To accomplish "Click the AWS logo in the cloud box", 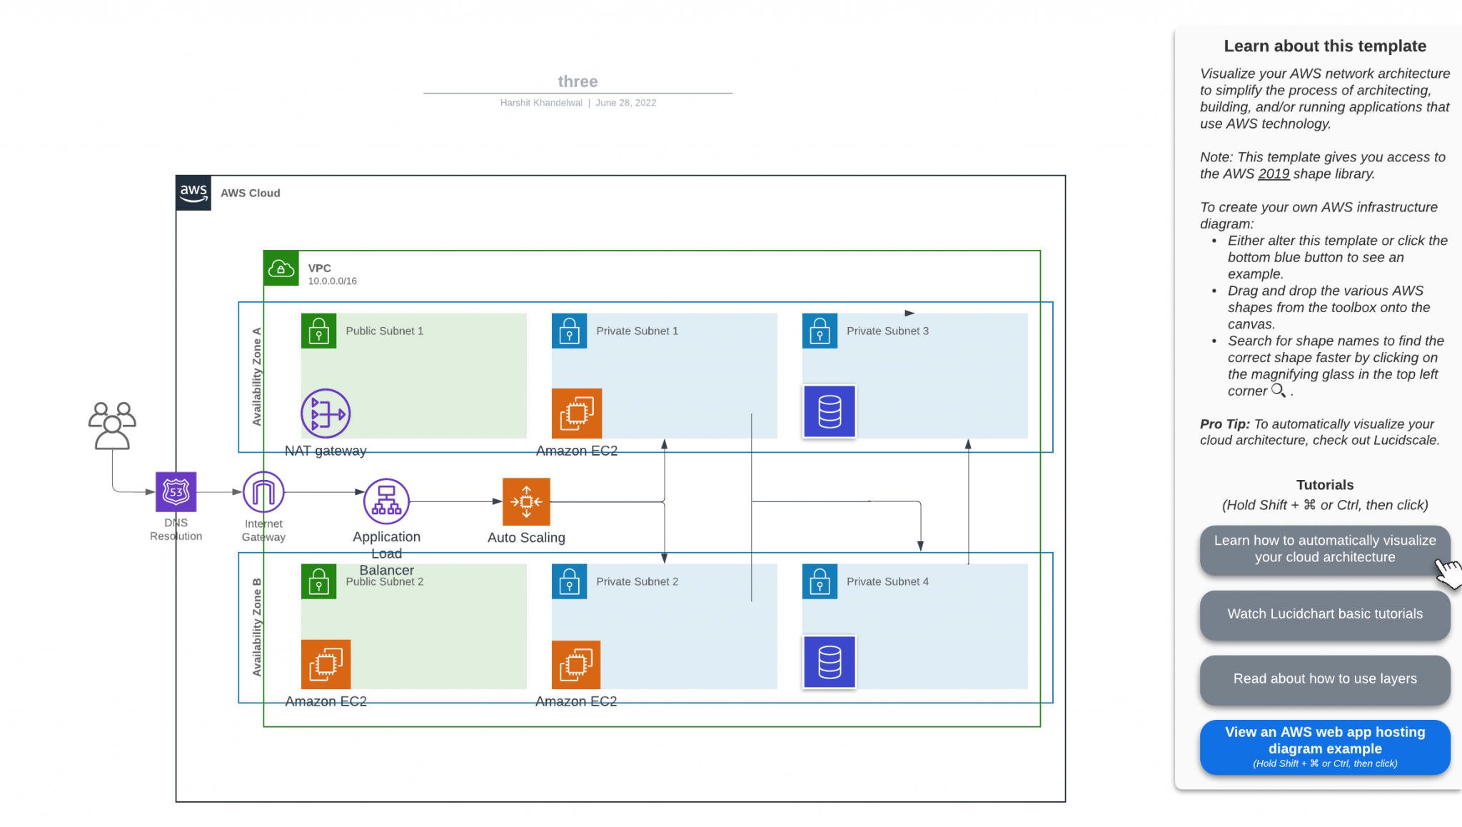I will point(193,193).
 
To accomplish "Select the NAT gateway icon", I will point(326,413).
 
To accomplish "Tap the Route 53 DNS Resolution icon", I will point(176,492).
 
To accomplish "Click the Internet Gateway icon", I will point(263,492).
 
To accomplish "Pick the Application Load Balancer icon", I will point(386,501).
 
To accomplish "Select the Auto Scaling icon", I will point(526,501).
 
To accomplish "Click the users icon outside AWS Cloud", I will point(112,426).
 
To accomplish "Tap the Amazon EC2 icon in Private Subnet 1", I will point(577,413).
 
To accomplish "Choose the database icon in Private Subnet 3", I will point(830,412).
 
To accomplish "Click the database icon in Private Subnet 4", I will point(830,663).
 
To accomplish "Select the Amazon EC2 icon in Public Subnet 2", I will point(326,664).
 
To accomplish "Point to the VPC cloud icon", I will point(281,269).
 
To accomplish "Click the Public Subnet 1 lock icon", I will point(319,331).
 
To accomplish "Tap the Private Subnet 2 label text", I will point(637,582).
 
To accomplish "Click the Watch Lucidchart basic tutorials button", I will point(1324,614).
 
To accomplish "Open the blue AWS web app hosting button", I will point(1324,747).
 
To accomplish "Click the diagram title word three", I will point(578,81).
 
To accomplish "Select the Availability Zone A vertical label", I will point(257,377).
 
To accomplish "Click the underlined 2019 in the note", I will point(1274,174).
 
